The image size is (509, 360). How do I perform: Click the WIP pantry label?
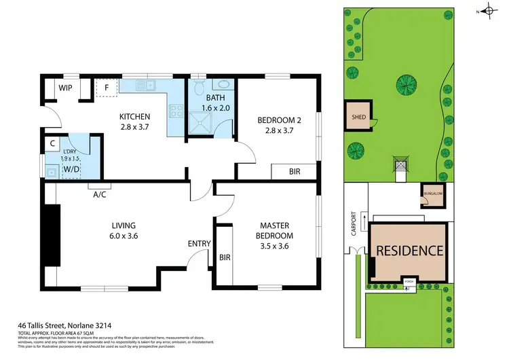point(66,88)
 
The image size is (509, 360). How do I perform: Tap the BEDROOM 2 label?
point(275,126)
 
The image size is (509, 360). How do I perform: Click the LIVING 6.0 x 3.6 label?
point(124,231)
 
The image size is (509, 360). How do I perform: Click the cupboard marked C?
point(52,143)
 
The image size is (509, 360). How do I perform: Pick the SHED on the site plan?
point(358,116)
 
